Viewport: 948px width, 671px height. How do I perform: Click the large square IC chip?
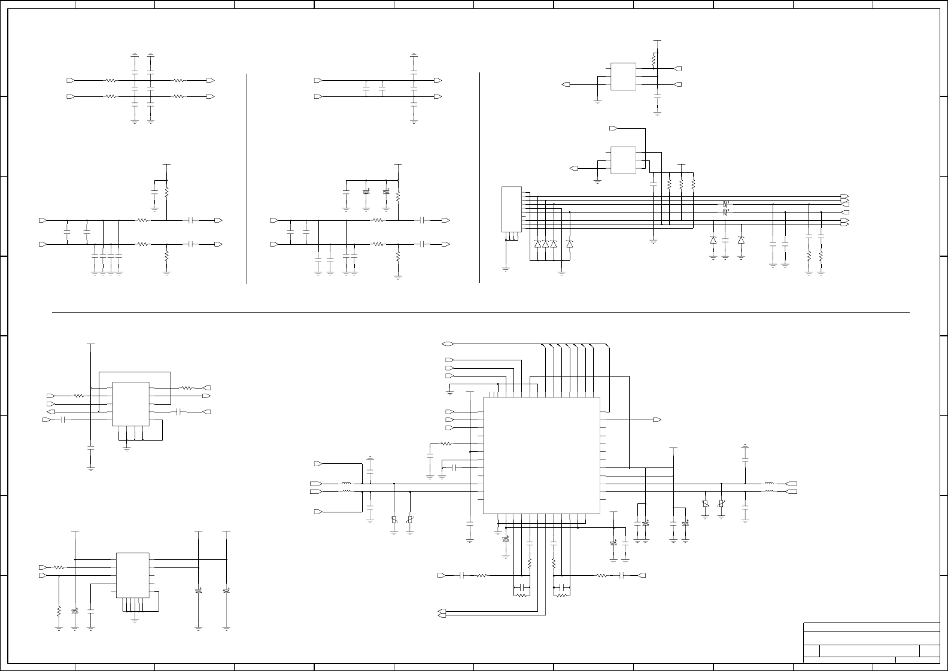[x=541, y=455]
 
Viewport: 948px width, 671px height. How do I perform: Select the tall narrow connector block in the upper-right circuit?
[x=512, y=209]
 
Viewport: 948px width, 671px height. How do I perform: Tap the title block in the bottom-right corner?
[x=871, y=642]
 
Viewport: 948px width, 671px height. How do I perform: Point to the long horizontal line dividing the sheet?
[x=479, y=312]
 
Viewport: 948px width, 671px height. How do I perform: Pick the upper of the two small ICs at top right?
[x=622, y=77]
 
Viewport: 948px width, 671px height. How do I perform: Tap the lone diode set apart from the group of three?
[x=569, y=244]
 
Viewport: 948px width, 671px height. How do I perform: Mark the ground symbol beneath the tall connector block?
[x=506, y=269]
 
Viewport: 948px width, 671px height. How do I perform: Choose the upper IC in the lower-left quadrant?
[x=130, y=404]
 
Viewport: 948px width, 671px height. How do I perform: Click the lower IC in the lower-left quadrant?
[x=132, y=575]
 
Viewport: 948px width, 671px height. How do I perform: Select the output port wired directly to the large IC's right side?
[x=657, y=420]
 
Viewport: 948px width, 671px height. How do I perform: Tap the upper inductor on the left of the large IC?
[x=346, y=484]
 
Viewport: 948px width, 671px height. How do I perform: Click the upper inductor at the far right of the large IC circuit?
[x=769, y=484]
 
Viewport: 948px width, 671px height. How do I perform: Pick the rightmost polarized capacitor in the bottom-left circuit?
[x=226, y=591]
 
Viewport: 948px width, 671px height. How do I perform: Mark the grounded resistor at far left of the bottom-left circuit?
[x=59, y=611]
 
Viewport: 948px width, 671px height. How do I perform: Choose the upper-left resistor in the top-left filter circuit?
[x=110, y=80]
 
